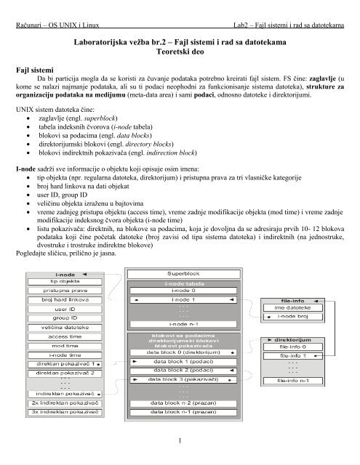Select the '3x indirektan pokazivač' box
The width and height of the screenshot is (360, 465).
(65, 412)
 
